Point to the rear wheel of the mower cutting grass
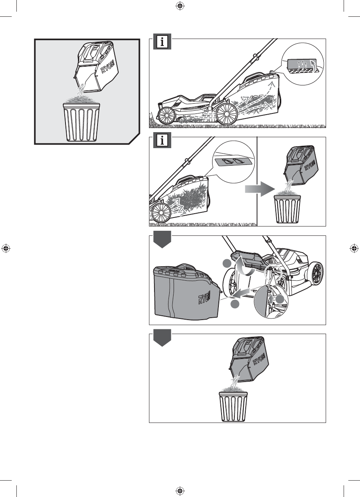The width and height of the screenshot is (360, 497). point(227,113)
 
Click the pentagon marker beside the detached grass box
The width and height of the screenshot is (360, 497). point(161,238)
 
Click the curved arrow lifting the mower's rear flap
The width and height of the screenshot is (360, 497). point(245,268)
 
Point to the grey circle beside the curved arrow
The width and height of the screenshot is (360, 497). point(227,264)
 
